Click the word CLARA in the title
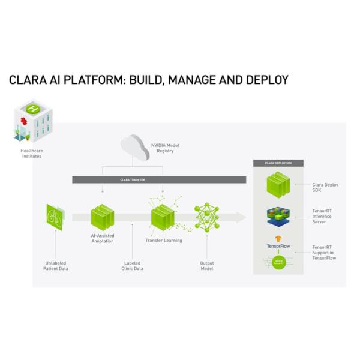pos(27,80)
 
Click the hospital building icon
pos(33,121)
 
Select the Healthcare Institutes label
pos(31,154)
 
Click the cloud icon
pos(134,148)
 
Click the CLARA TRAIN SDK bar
pos(159,179)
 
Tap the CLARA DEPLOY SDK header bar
pos(278,163)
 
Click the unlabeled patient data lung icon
pos(55,217)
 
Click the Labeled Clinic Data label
pos(132,266)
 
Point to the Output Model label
pos(206,266)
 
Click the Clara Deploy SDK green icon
pos(278,185)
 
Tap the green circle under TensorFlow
pos(278,262)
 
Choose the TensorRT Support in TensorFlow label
pos(324,253)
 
